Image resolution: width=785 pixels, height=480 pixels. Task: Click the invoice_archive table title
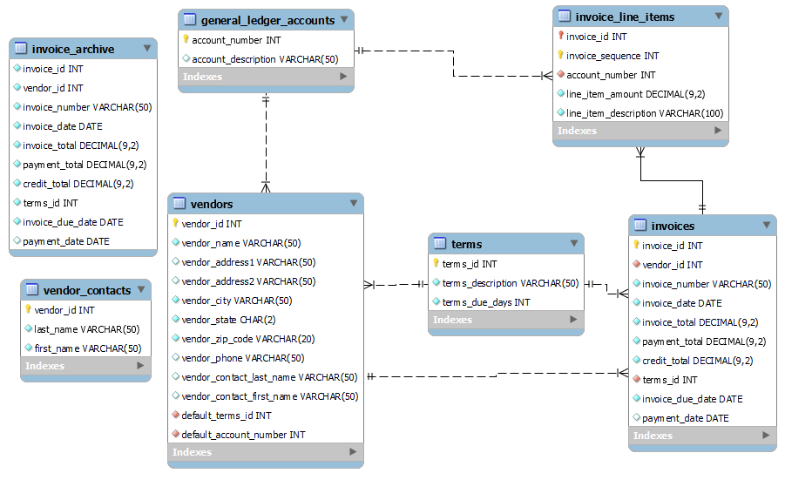click(x=73, y=49)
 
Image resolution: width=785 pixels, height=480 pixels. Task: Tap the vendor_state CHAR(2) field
click(x=228, y=320)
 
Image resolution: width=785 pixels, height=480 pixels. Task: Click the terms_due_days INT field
click(x=485, y=302)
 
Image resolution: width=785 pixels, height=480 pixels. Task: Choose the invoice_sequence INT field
click(x=612, y=56)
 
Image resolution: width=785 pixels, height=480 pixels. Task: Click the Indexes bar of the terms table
click(x=505, y=320)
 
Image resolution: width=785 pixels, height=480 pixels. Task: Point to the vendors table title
click(x=213, y=204)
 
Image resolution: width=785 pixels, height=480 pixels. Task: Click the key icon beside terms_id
click(x=436, y=264)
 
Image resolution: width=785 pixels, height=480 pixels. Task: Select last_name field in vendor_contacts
click(x=85, y=329)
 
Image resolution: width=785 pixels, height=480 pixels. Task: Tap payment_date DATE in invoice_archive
click(x=66, y=241)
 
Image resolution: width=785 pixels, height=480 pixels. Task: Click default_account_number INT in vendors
click(x=243, y=435)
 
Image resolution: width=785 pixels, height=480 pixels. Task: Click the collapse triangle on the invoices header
click(x=766, y=226)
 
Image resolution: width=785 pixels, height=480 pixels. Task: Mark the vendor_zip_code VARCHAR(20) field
click(x=247, y=339)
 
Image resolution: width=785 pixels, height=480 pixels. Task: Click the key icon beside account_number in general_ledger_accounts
click(x=186, y=40)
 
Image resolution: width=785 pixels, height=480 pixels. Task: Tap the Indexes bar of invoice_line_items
click(x=640, y=131)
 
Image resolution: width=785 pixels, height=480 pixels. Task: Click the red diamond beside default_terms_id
click(x=175, y=416)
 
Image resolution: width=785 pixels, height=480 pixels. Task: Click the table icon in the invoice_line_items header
click(x=564, y=17)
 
